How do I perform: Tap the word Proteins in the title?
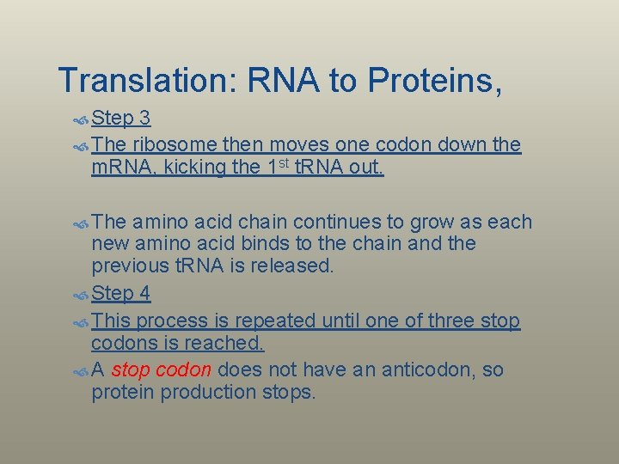point(434,80)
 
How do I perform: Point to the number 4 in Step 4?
point(144,294)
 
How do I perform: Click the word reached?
point(225,343)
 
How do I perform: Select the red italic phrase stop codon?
point(162,370)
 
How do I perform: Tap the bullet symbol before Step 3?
point(81,118)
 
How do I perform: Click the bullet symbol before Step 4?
point(81,295)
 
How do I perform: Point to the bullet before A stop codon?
point(81,371)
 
